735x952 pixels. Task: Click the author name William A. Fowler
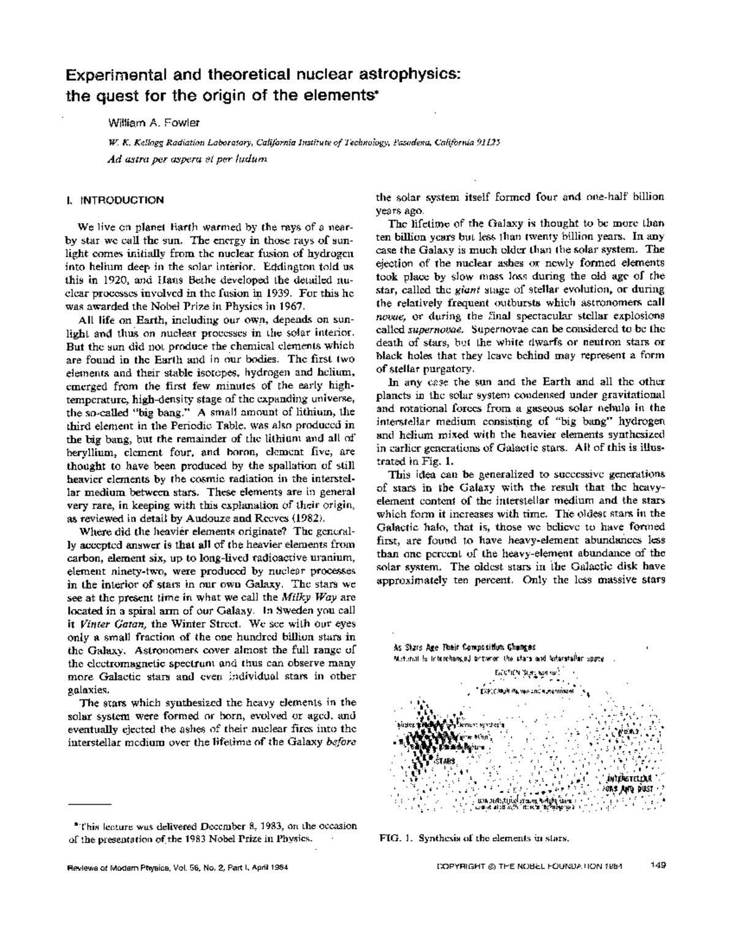point(153,123)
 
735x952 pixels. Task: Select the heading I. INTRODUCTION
point(115,200)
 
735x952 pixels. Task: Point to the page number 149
point(658,866)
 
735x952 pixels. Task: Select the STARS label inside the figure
point(445,761)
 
